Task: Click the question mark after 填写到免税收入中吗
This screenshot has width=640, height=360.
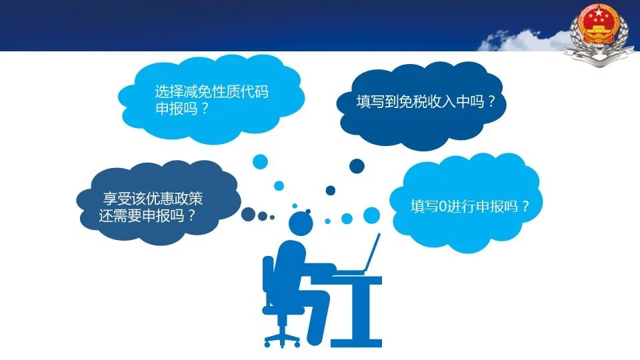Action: click(491, 101)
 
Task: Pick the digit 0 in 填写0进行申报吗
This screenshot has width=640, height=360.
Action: click(443, 207)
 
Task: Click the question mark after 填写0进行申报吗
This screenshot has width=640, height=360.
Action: click(525, 206)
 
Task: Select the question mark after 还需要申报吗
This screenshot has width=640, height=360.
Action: click(191, 215)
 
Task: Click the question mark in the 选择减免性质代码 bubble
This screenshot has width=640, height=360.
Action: click(205, 109)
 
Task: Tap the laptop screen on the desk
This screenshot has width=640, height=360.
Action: click(373, 253)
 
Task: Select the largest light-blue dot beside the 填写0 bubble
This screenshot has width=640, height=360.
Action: click(371, 215)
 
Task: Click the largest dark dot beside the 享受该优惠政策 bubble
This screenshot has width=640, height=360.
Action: click(248, 214)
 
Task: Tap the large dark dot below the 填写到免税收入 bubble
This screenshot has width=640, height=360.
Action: click(357, 166)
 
